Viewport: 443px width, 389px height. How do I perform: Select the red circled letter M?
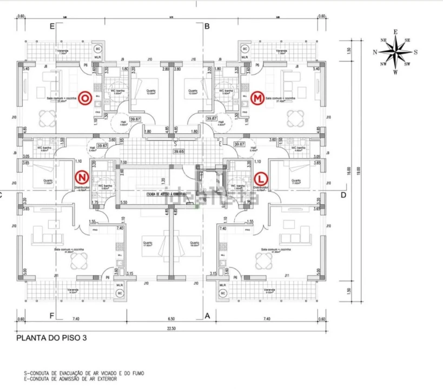(257, 98)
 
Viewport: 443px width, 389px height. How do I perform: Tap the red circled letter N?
(82, 177)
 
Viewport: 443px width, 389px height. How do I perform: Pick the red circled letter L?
(261, 177)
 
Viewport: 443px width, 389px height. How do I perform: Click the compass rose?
(395, 52)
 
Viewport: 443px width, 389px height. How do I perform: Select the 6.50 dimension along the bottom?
(170, 319)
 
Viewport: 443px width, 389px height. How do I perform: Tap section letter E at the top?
(52, 26)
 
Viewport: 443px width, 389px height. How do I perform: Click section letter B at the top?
(207, 26)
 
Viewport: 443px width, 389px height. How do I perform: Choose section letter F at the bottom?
(52, 316)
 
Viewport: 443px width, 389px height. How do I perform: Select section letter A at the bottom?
(207, 316)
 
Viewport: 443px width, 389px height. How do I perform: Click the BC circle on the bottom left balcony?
(119, 293)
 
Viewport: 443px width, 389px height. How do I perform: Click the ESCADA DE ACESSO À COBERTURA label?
(167, 193)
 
